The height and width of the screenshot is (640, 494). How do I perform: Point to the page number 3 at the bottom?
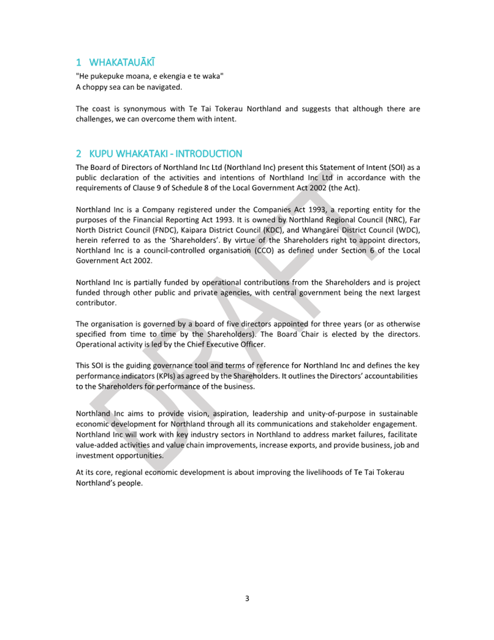click(x=247, y=598)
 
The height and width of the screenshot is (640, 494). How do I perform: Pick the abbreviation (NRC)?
click(x=374, y=220)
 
